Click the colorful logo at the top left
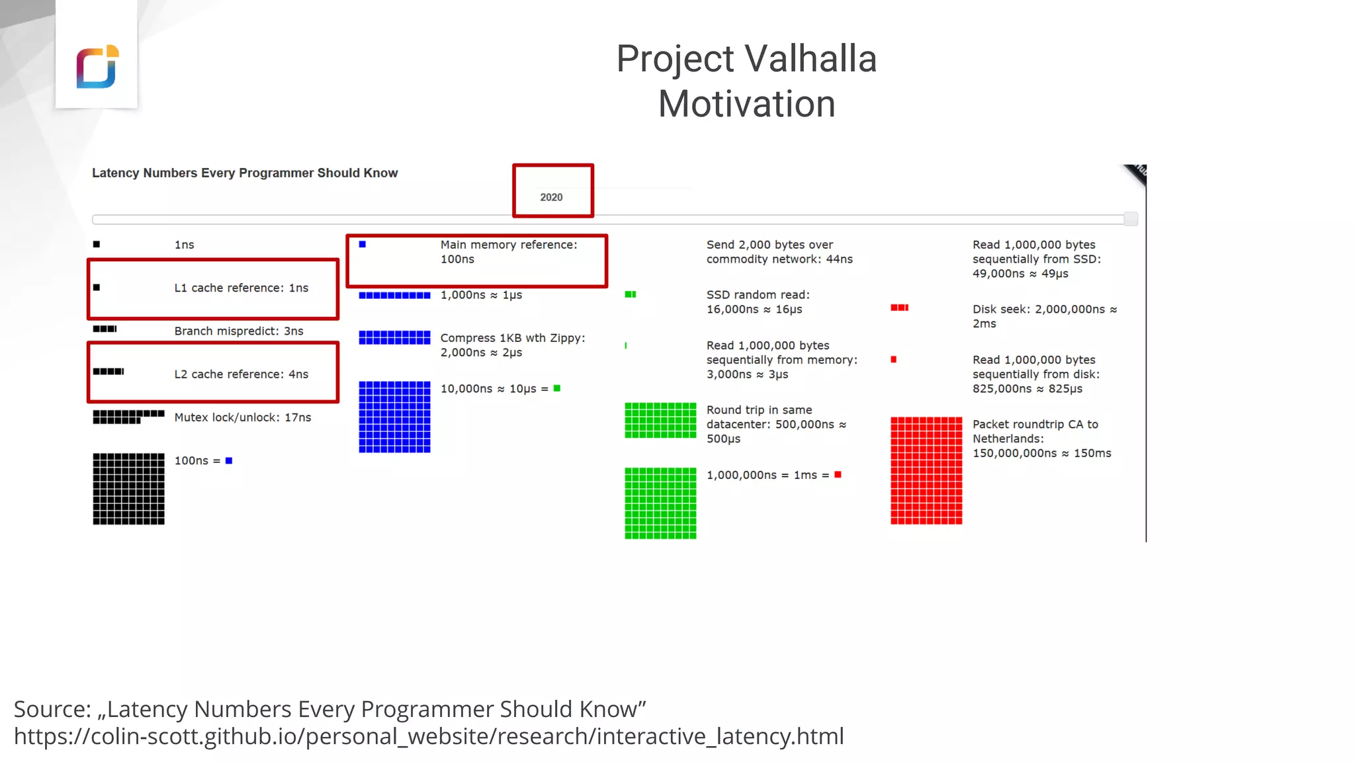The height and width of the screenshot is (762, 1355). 97,66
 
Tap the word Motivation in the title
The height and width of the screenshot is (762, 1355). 746,104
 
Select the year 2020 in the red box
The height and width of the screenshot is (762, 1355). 551,197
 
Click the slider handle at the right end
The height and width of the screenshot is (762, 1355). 1131,219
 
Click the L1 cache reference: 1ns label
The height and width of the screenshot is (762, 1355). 241,288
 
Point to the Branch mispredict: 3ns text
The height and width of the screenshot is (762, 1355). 238,331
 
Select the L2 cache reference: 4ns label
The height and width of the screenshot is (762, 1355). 241,374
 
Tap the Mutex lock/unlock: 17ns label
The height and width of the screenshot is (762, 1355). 242,417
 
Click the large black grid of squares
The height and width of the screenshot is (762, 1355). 128,489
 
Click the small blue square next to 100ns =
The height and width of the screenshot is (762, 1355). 229,460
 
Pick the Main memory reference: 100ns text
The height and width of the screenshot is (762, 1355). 508,252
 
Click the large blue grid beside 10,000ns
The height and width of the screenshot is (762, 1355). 394,417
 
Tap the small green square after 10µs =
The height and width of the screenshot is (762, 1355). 557,388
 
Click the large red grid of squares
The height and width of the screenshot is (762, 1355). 926,470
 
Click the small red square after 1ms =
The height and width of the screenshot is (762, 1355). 838,474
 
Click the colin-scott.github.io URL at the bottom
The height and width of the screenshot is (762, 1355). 429,736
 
